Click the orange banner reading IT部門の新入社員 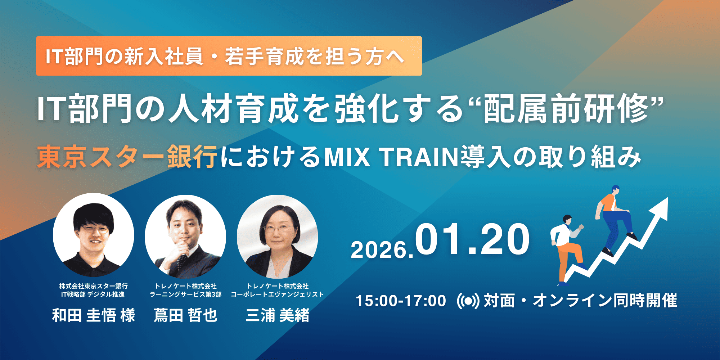229,56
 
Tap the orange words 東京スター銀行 127,157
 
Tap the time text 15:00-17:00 401,301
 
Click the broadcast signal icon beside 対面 468,301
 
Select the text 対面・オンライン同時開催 580,301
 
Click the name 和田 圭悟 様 94,315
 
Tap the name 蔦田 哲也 185,315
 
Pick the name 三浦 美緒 278,315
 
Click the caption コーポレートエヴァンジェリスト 277,294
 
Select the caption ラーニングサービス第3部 185,294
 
